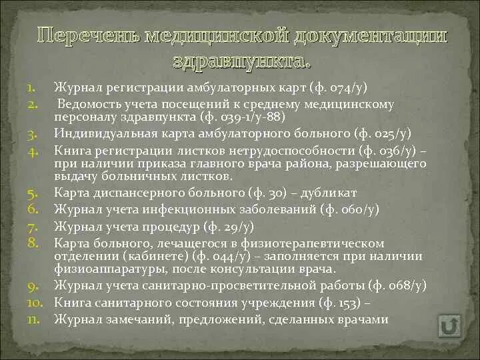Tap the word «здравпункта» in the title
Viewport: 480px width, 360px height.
[241, 62]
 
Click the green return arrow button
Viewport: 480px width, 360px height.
[449, 327]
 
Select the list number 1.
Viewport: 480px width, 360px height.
[31, 87]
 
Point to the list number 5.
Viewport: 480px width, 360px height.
[31, 193]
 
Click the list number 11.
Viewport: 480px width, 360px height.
[33, 319]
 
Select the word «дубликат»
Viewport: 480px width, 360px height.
[329, 193]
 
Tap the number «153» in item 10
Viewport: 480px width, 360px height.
[348, 302]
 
